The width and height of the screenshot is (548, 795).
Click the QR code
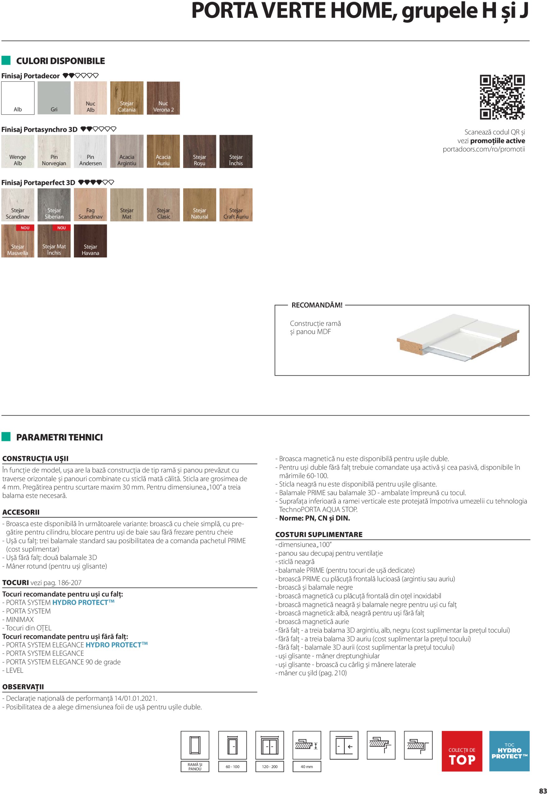coord(502,97)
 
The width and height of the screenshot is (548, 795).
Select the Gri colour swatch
coord(54,98)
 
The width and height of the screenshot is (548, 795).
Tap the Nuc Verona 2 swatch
coord(163,98)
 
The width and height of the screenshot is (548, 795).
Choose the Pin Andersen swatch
coord(90,151)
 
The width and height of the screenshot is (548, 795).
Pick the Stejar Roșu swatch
coord(200,151)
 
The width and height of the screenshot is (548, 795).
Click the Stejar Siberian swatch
coord(54,205)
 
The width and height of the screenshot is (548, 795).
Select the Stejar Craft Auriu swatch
coord(236,205)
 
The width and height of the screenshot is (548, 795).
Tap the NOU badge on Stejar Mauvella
coord(25,228)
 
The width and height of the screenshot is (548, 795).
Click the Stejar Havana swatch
coord(90,241)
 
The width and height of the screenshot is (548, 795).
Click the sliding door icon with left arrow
coord(344,746)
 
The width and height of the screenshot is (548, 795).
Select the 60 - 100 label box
coord(233,766)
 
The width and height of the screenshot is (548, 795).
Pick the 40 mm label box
coord(307,766)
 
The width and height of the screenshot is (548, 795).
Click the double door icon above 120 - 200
coord(269,746)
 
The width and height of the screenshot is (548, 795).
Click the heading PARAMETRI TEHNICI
coord(59,437)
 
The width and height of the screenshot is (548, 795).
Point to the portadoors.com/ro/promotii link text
coord(483,149)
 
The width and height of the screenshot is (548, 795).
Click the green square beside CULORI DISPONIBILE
coord(6,61)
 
